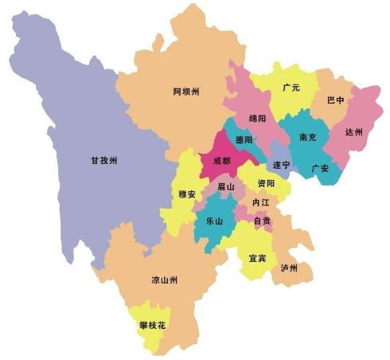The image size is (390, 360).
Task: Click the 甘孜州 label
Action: pyautogui.click(x=103, y=161)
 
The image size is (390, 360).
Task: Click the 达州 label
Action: pyautogui.click(x=353, y=132)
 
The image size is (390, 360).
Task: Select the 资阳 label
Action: pyautogui.click(x=266, y=183)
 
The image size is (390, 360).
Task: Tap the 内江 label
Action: pyautogui.click(x=260, y=203)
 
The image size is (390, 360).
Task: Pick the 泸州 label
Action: pyautogui.click(x=289, y=268)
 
